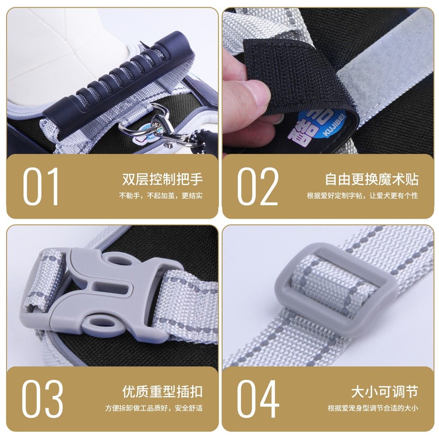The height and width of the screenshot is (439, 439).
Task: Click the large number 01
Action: click(41, 187)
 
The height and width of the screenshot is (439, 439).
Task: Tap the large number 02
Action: click(258, 187)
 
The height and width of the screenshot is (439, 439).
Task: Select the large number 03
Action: click(42, 399)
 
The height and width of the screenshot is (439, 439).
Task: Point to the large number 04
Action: click(258, 399)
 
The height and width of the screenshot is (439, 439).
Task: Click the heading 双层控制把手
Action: click(162, 179)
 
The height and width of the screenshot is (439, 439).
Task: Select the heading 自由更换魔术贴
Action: click(371, 179)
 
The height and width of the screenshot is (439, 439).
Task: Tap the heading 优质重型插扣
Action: click(162, 392)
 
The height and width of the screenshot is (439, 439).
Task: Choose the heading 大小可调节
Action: click(384, 392)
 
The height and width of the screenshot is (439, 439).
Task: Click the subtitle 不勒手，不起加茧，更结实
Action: click(161, 196)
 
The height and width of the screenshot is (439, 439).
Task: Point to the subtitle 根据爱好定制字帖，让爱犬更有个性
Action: click(362, 196)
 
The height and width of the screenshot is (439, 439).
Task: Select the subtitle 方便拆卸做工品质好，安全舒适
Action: click(154, 408)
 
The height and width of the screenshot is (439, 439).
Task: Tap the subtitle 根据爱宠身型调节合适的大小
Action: click(373, 408)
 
